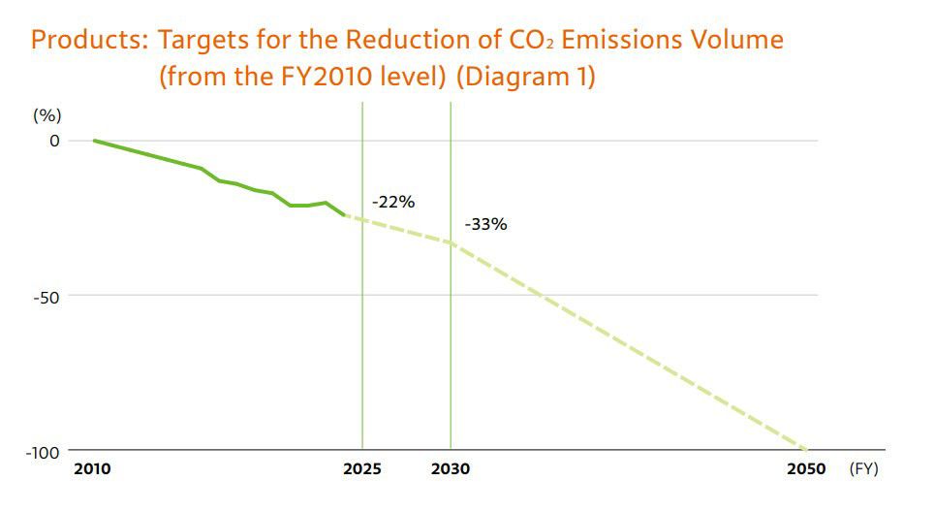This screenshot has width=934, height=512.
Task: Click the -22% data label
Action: [x=393, y=203]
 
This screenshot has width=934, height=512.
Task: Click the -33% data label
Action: [x=485, y=224]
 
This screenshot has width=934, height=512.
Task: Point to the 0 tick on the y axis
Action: [x=54, y=141]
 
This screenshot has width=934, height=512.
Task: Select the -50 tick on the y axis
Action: [x=47, y=296]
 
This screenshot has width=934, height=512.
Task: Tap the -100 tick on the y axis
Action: [x=44, y=451]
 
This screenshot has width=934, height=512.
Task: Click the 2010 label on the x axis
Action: [x=92, y=469]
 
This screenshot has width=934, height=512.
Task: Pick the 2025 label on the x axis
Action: [x=362, y=469]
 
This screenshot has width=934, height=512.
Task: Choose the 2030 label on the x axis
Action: [x=451, y=469]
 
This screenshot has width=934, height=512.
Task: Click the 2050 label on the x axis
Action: [x=806, y=469]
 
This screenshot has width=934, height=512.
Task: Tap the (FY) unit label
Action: [x=863, y=469]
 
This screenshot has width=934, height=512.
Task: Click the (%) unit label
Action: [x=47, y=114]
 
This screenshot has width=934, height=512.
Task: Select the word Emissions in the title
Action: [x=630, y=41]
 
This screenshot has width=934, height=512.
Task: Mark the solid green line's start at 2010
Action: [x=94, y=141]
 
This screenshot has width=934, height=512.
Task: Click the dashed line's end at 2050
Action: [x=806, y=450]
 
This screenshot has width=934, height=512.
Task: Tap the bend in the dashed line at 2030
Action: [x=451, y=242]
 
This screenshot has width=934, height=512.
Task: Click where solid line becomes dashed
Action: [x=345, y=215]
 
